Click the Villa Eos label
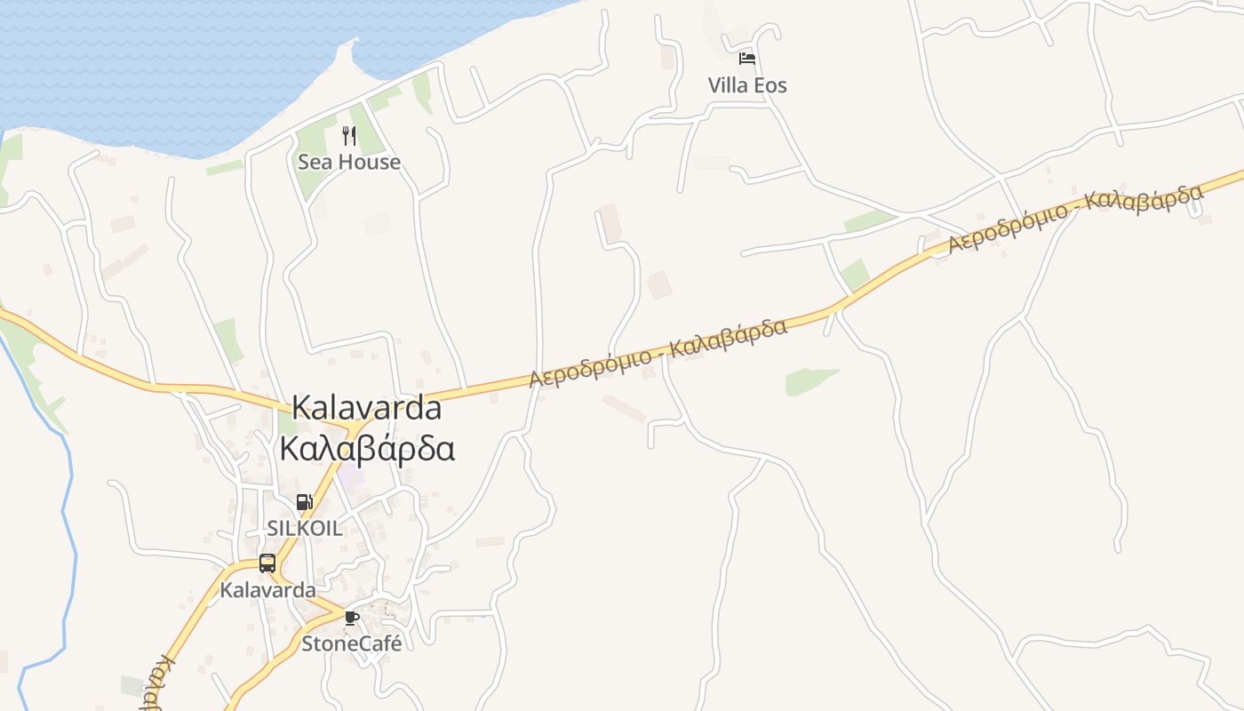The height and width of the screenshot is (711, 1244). pos(747,85)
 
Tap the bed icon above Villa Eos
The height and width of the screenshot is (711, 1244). pos(747,59)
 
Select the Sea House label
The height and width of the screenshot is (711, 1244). pos(349,162)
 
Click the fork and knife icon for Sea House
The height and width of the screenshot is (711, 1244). pos(349,136)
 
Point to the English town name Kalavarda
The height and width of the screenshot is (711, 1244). pos(366,408)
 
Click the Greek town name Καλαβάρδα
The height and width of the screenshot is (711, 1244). pos(367,448)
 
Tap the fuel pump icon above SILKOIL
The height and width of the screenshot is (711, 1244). pos(304,502)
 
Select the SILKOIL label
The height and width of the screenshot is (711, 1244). pos(304,528)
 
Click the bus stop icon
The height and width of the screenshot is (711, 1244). pos(267,563)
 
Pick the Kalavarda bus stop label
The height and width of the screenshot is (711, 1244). pos(267,589)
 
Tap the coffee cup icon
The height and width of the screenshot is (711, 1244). pos(352,618)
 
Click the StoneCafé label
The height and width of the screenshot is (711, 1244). pos(352,643)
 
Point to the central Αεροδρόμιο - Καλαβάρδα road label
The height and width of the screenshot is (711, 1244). pos(658,353)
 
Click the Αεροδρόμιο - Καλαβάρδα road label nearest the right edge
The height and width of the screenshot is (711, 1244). pos(1075,219)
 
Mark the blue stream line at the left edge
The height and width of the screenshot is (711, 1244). pos(67,533)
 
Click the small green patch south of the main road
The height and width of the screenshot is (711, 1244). pos(809,381)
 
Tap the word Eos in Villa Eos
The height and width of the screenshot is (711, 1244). pos(770,85)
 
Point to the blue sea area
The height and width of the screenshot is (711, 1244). pos(178,62)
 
